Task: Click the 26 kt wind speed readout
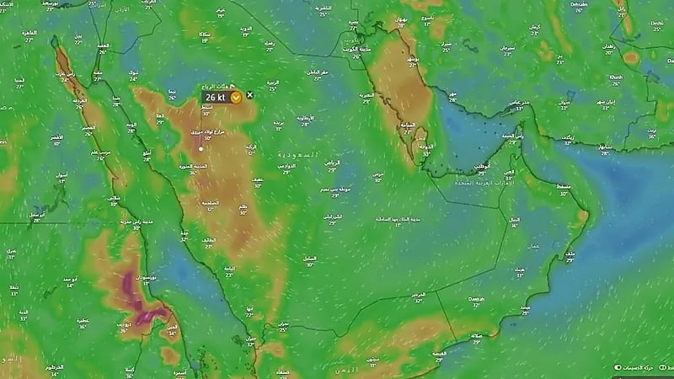pyautogui.click(x=216, y=97)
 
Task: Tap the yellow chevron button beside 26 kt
pyautogui.click(x=237, y=97)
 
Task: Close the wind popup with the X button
pyautogui.click(x=249, y=95)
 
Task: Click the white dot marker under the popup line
pyautogui.click(x=201, y=149)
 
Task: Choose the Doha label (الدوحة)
pyautogui.click(x=428, y=145)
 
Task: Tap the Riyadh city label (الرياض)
pyautogui.click(x=333, y=162)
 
